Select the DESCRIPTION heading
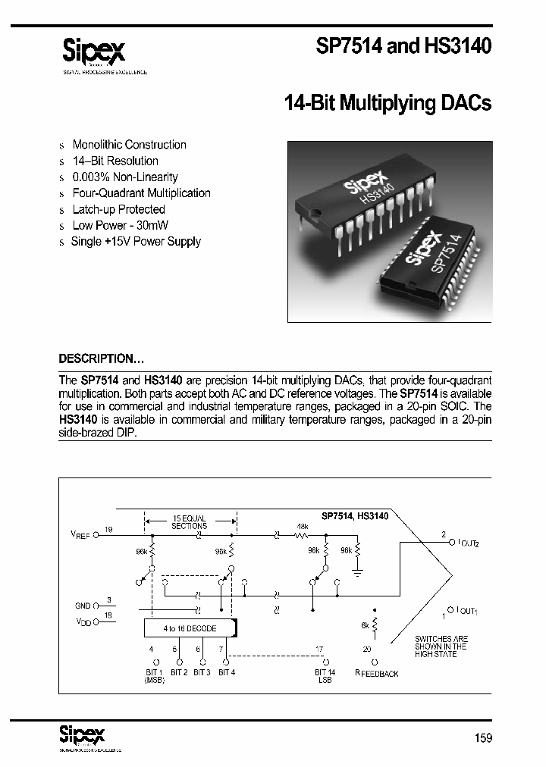101,358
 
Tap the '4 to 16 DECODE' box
190,628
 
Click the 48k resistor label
302,527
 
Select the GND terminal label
82,606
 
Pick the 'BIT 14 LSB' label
325,676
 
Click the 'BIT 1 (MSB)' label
154,676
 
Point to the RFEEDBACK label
376,673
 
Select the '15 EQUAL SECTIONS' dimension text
189,521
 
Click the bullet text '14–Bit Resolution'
115,161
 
